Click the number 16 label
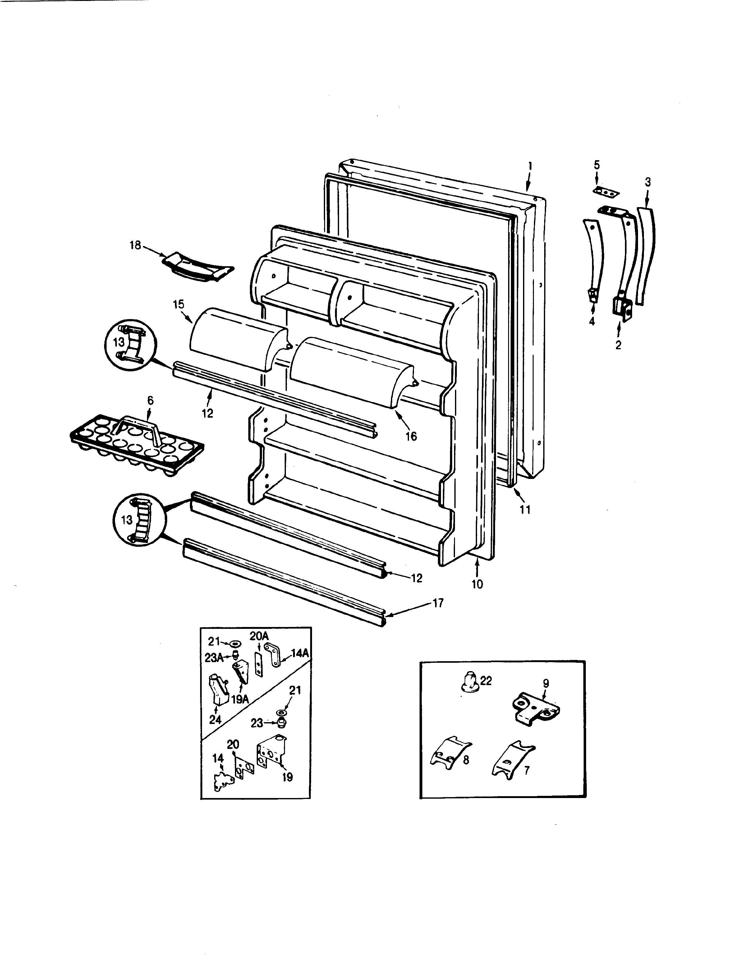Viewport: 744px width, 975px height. point(411,437)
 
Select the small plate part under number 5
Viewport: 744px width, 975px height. point(606,192)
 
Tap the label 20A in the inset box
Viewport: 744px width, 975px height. point(259,636)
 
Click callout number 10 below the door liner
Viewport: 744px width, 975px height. point(477,584)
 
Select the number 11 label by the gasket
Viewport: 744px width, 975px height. point(525,510)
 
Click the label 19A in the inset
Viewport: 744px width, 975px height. point(240,699)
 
